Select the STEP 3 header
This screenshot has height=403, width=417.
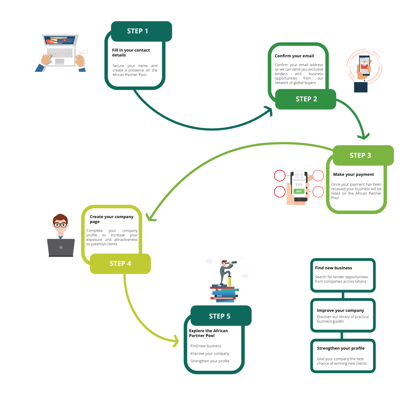363,155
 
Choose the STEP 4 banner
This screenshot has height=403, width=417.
120,263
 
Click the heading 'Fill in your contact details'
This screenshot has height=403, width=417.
131,53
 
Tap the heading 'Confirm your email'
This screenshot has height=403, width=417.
294,56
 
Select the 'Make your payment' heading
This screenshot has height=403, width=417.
353,174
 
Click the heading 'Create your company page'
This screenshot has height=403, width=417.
111,219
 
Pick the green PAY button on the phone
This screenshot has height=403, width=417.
299,191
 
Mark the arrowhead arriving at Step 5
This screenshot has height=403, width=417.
176,341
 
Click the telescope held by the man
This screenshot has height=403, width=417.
231,262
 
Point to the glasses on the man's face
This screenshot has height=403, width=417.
60,225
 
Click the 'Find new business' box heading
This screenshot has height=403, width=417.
333,268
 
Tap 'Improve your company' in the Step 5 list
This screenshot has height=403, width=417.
210,353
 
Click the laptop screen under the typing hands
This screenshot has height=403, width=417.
60,40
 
